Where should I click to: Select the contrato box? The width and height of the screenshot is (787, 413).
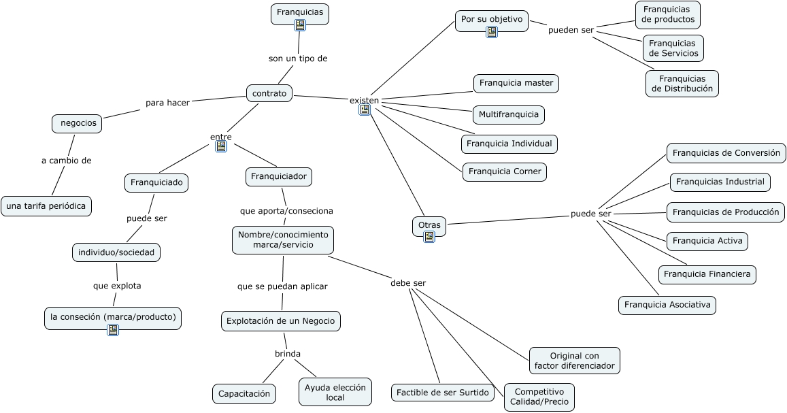point(269,93)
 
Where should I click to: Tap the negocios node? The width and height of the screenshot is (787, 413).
point(78,123)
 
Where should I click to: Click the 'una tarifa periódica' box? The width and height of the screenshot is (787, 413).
point(46,205)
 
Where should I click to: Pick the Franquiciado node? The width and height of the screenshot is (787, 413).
point(156,182)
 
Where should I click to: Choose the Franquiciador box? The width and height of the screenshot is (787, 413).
point(279,177)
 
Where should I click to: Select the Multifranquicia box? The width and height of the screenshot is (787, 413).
point(509,114)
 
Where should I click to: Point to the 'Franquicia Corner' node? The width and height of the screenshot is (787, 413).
point(504,171)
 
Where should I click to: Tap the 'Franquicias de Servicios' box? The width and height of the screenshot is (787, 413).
point(673,48)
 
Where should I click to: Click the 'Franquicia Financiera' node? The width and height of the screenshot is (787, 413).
point(707,274)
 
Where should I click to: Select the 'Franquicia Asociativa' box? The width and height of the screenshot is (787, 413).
point(667,305)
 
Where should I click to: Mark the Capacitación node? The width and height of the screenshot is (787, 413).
point(244,393)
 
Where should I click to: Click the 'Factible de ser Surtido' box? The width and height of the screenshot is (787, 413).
point(443,392)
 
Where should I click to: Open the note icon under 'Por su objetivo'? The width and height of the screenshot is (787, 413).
point(492,32)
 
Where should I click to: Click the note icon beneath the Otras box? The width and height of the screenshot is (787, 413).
point(429,237)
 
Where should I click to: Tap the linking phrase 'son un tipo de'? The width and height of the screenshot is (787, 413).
point(298,59)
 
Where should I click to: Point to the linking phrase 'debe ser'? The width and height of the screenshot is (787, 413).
point(408,283)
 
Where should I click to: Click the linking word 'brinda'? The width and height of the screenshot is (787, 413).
point(288,354)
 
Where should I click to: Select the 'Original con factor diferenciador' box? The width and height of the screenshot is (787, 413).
point(575,361)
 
